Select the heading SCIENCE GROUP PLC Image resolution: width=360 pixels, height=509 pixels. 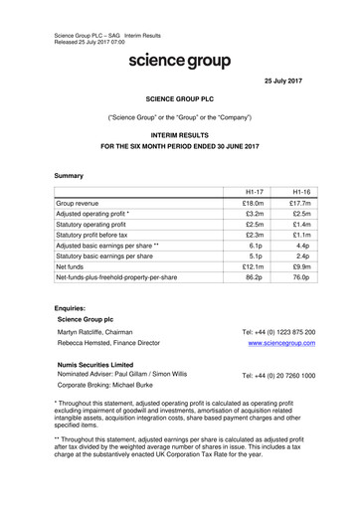pyautogui.click(x=179, y=100)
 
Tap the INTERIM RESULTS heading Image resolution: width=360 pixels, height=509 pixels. pyautogui.click(x=179, y=132)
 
